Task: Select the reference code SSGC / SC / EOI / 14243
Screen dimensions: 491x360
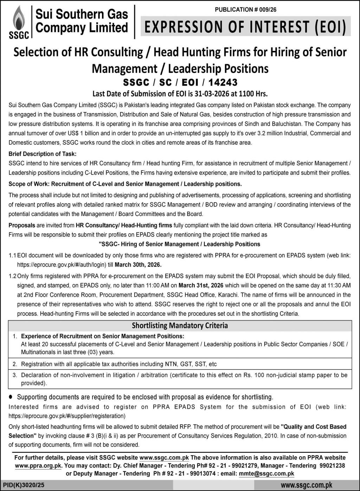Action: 180,82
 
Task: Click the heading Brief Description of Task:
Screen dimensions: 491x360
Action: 42,154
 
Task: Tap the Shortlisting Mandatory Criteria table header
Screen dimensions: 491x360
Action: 180,326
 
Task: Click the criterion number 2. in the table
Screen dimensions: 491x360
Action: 15,364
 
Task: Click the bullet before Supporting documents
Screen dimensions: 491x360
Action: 11,397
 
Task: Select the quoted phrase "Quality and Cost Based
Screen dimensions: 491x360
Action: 314,427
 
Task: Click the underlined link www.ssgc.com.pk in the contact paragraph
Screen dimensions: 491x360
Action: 164,458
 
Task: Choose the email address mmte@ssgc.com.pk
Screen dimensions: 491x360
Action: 266,473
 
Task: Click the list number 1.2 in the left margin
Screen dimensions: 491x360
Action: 13,276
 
